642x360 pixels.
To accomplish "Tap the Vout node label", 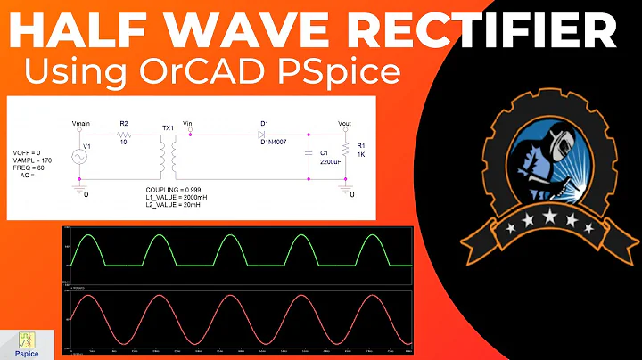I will [x=345, y=122].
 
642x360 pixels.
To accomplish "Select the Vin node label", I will [x=187, y=122].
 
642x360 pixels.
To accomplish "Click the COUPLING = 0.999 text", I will [x=175, y=191].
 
